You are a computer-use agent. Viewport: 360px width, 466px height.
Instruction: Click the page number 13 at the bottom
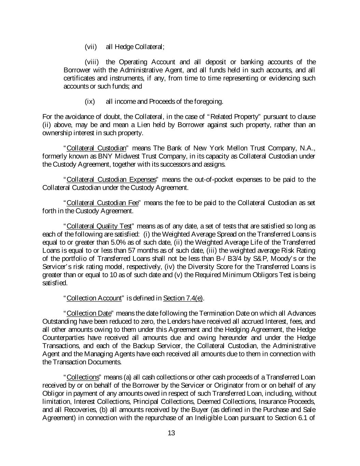[171, 433]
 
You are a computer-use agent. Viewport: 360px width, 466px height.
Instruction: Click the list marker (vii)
[91, 47]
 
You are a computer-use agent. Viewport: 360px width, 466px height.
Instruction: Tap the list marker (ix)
[90, 101]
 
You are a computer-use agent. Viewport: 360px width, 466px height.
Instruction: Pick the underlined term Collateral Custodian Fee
[102, 203]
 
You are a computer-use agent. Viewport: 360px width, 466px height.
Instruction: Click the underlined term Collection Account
[94, 298]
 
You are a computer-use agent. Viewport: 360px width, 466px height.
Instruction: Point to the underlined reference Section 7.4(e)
[183, 298]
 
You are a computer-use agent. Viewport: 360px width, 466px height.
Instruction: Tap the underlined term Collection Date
[89, 313]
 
